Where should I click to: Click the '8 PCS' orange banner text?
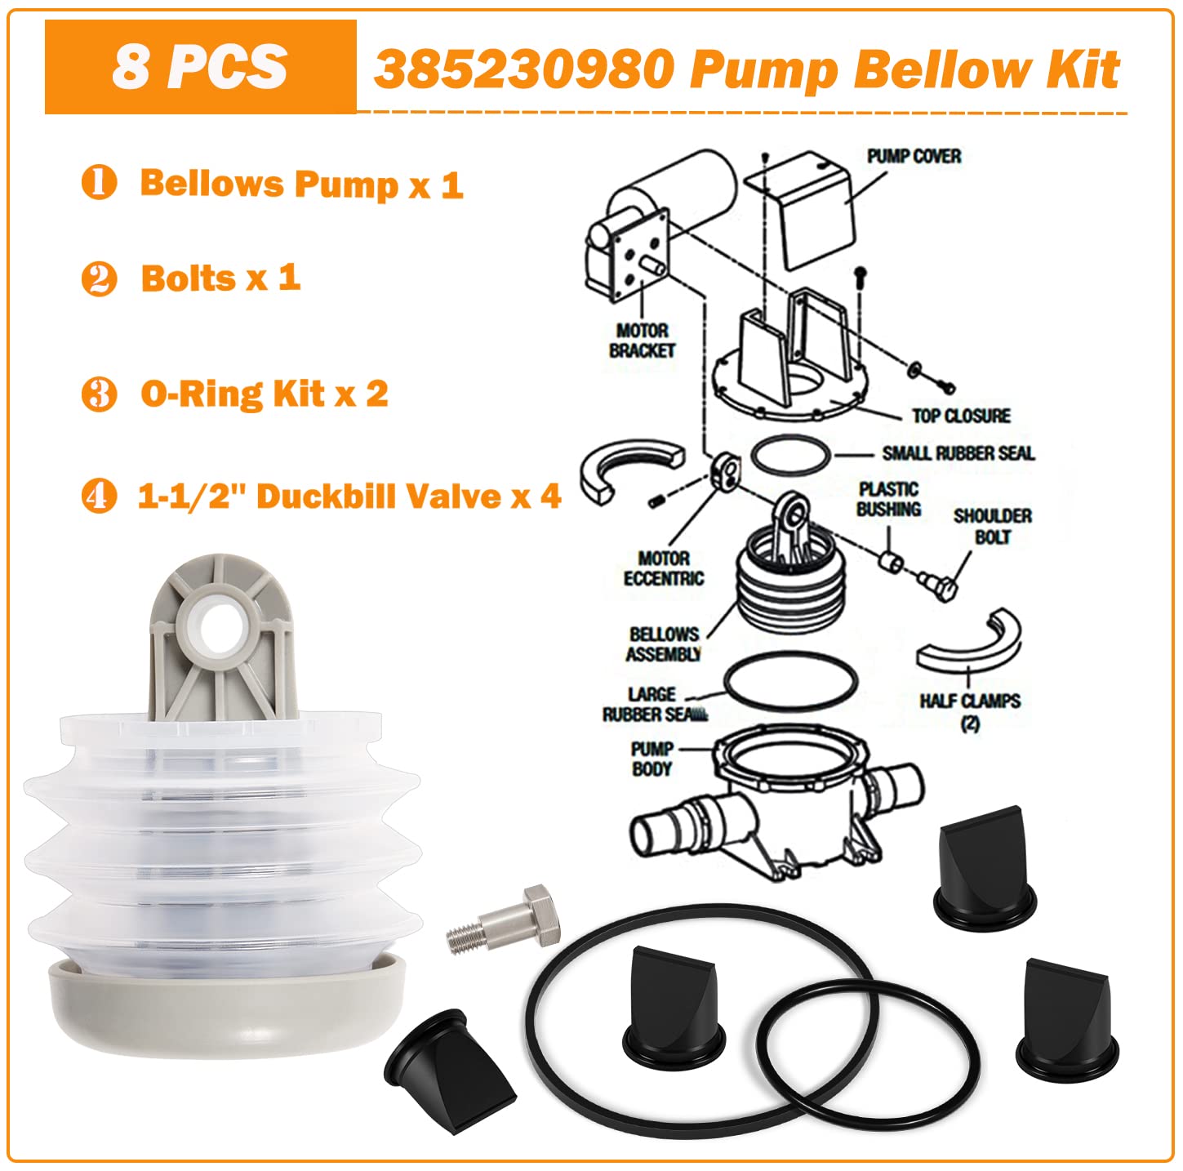click(x=200, y=67)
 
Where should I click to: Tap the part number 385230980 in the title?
click(x=523, y=70)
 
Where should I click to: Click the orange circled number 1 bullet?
click(x=99, y=182)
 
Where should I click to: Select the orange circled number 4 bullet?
click(x=99, y=496)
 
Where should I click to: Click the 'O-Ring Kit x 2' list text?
click(x=264, y=394)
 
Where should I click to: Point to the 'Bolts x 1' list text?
click(x=220, y=278)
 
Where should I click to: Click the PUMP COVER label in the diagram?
click(x=914, y=156)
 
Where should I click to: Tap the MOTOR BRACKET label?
click(x=643, y=341)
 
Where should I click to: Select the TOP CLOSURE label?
click(x=961, y=416)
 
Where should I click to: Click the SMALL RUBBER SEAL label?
click(x=958, y=453)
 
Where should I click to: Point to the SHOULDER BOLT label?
click(x=992, y=527)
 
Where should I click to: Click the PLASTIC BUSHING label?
click(x=889, y=499)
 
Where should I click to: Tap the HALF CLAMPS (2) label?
click(x=969, y=710)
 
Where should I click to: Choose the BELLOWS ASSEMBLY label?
click(x=664, y=643)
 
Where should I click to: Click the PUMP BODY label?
click(x=652, y=759)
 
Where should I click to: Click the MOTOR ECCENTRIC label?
click(x=663, y=568)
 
